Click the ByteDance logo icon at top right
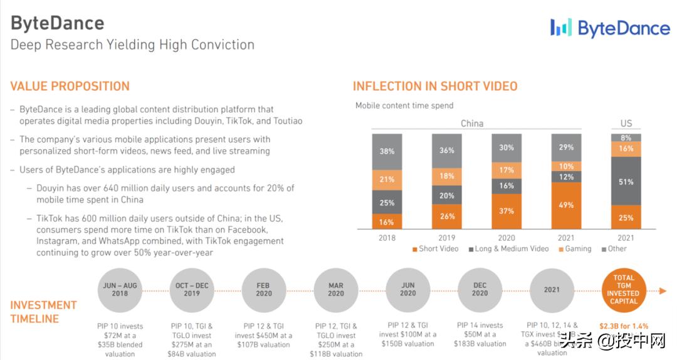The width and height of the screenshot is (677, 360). coord(561,28)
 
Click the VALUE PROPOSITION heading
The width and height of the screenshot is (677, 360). coord(70,87)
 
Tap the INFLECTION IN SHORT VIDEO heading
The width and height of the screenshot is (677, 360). coord(435,87)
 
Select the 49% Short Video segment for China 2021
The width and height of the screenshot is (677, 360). coord(567,205)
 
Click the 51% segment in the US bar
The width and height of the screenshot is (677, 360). coord(626,181)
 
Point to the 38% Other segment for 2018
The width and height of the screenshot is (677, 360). coord(387,151)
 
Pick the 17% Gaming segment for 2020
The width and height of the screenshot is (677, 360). coord(506,169)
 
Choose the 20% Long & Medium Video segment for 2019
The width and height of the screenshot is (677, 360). coord(447,195)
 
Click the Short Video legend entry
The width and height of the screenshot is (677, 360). coord(436,249)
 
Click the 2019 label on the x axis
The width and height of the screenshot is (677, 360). coord(447,238)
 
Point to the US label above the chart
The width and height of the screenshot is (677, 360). coord(626,124)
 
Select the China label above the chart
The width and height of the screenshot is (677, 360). coord(472,124)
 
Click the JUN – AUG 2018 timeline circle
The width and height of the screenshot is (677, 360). coord(120,290)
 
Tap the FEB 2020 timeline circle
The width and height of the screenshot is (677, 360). coord(263,290)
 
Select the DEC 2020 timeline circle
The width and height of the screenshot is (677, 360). coord(480,290)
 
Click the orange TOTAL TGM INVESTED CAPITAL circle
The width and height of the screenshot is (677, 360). coord(624,290)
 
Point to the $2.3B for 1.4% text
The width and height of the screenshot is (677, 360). coord(624,326)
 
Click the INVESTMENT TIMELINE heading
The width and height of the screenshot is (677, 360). coord(43,312)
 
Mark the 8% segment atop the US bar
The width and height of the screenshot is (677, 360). coord(626,137)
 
